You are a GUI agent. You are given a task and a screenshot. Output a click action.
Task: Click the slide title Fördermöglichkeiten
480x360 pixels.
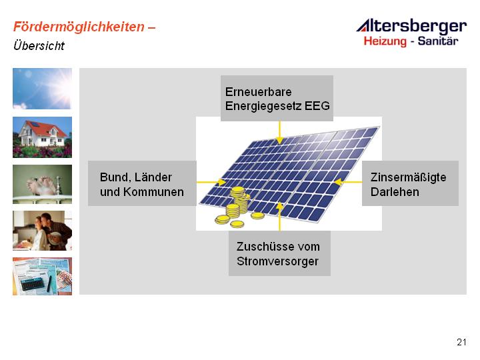pyautogui.click(x=79, y=27)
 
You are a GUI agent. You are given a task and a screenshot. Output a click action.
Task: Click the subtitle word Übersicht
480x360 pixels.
pyautogui.click(x=39, y=45)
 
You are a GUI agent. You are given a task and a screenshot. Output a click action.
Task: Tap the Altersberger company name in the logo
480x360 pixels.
pyautogui.click(x=411, y=26)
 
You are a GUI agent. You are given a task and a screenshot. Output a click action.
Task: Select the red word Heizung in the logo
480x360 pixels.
pyautogui.click(x=385, y=41)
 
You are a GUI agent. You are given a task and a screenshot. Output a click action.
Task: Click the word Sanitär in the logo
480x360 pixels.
pyautogui.click(x=438, y=41)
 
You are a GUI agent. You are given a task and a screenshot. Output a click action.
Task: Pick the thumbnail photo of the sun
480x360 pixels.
pyautogui.click(x=42, y=89)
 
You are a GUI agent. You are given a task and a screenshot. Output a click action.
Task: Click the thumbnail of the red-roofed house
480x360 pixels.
pyautogui.click(x=42, y=137)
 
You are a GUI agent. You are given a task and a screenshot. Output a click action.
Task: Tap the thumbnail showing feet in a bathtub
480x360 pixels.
pyautogui.click(x=42, y=184)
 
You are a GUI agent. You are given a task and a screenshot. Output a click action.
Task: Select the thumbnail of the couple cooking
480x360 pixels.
pyautogui.click(x=42, y=231)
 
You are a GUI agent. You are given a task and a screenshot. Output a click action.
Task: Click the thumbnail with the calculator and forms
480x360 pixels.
pyautogui.click(x=42, y=276)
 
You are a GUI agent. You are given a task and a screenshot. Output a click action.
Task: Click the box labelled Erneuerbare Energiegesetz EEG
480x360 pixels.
pyautogui.click(x=277, y=98)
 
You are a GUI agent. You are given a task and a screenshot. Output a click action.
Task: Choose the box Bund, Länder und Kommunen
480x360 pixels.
pyautogui.click(x=142, y=183)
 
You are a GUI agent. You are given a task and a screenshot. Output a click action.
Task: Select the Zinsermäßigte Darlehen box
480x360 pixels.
pyautogui.click(x=410, y=183)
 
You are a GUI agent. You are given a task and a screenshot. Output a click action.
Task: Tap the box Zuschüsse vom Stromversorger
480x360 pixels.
pyautogui.click(x=279, y=253)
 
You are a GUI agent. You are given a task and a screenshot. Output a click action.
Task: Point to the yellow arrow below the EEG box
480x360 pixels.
pyautogui.click(x=279, y=133)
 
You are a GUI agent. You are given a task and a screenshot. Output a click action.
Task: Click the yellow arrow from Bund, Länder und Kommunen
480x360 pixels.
pyautogui.click(x=211, y=183)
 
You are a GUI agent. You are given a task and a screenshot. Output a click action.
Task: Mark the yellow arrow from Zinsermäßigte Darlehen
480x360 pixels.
pyautogui.click(x=348, y=182)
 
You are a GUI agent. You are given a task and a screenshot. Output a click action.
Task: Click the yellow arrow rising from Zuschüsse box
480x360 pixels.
pyautogui.click(x=279, y=217)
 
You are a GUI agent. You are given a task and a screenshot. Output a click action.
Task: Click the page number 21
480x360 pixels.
pyautogui.click(x=461, y=342)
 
